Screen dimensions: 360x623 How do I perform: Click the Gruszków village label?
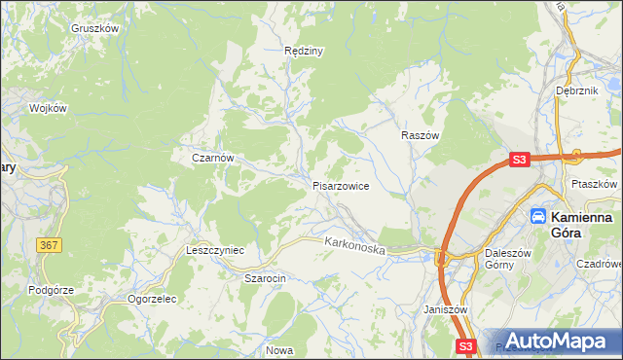[94, 28]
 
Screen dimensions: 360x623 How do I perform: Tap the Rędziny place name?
[303, 50]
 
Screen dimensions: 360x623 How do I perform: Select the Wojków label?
[48, 108]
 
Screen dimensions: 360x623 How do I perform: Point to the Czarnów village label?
[212, 157]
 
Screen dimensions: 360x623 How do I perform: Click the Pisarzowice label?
[340, 186]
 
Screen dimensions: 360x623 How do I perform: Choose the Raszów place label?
[421, 137]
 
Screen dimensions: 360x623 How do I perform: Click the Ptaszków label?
[595, 184]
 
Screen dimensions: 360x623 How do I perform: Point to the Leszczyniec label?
[214, 250]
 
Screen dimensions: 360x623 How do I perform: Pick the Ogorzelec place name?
[151, 299]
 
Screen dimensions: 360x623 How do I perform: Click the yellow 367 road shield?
[51, 245]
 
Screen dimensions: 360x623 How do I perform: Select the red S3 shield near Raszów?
[520, 160]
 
